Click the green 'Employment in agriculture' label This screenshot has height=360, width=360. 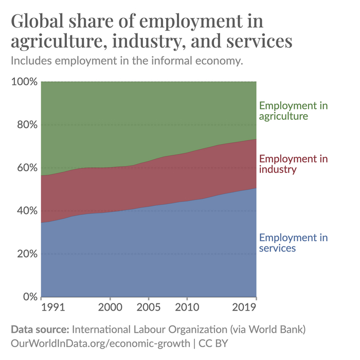[293, 111]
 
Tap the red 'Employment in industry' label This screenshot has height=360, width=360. [293, 164]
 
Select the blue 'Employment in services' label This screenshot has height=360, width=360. [293, 243]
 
